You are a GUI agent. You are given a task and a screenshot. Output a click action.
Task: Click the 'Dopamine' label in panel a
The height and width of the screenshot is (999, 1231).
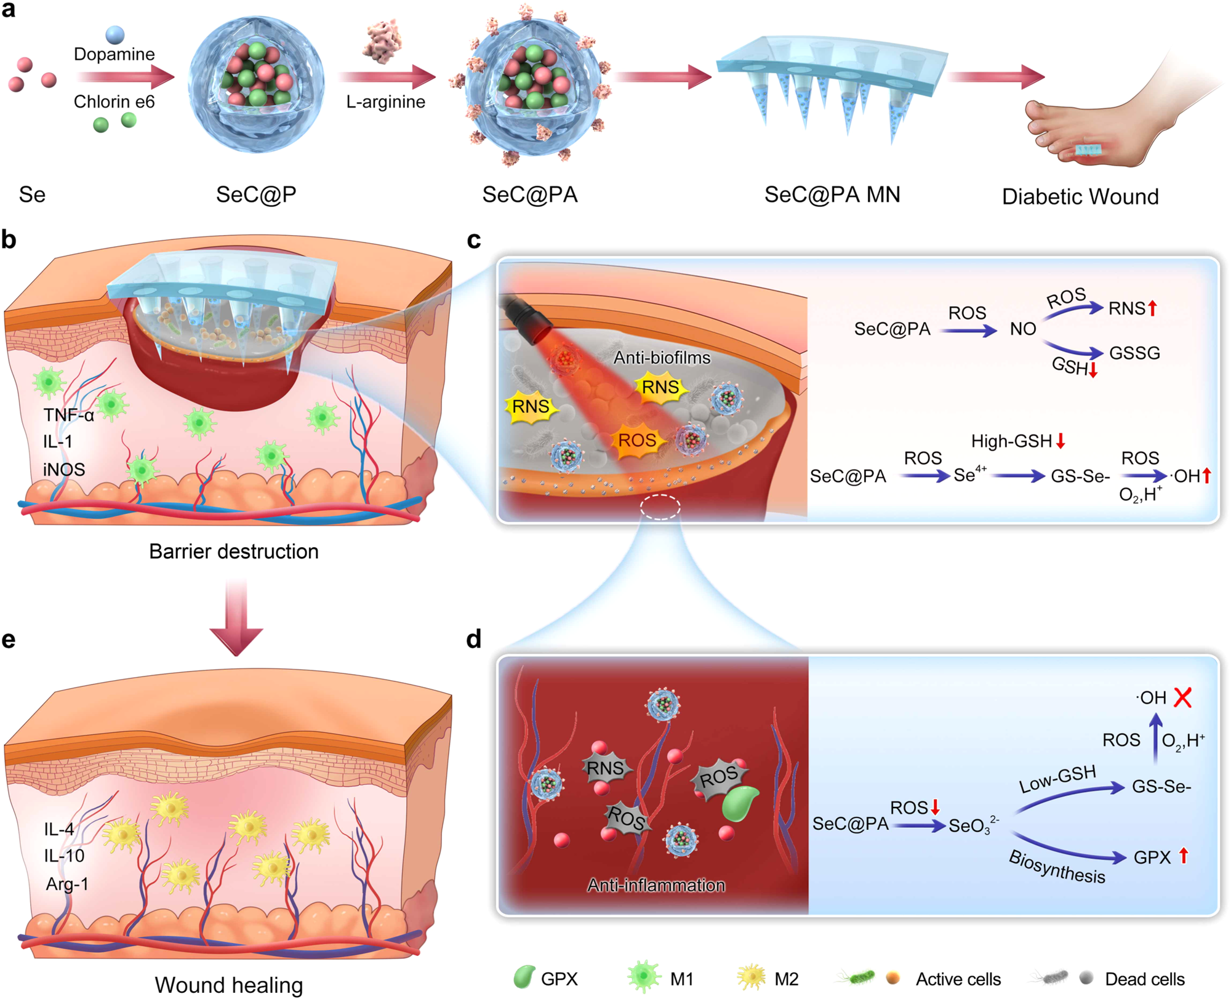(114, 54)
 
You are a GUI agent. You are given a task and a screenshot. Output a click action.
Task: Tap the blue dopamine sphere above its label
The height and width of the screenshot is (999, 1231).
(114, 34)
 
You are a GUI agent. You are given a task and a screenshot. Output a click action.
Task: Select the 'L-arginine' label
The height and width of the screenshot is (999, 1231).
(385, 102)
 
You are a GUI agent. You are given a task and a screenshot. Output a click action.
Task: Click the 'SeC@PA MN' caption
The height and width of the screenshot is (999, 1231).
(832, 195)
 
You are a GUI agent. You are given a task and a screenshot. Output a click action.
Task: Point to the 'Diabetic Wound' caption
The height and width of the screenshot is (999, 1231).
(1080, 196)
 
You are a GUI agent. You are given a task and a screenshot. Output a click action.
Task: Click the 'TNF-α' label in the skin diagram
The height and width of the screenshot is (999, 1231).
(68, 415)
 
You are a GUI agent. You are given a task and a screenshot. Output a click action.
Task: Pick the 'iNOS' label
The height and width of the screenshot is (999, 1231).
(64, 470)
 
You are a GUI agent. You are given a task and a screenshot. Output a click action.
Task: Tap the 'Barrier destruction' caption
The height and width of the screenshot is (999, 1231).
(234, 551)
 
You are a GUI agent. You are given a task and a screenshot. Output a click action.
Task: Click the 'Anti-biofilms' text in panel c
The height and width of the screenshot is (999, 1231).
(662, 358)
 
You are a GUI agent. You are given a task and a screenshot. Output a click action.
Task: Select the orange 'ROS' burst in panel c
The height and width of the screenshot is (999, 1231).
(637, 441)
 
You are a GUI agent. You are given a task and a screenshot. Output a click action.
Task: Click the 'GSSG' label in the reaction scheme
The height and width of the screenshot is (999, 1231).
(1134, 353)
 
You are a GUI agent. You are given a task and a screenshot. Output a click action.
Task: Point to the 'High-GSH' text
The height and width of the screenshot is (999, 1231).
(1011, 441)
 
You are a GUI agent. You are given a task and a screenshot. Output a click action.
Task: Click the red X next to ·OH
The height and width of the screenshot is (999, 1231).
(1182, 697)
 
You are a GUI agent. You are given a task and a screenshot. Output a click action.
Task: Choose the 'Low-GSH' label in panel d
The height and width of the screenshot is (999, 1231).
(1057, 779)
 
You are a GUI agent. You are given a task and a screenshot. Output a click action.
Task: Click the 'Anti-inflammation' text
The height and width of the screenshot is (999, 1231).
(656, 885)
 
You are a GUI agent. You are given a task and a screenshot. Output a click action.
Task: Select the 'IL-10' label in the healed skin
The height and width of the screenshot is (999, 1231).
(64, 856)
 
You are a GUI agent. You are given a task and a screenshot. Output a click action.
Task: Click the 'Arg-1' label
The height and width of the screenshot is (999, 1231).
(67, 884)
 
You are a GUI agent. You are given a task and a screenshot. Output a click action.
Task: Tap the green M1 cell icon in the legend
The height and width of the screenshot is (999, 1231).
(643, 977)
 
